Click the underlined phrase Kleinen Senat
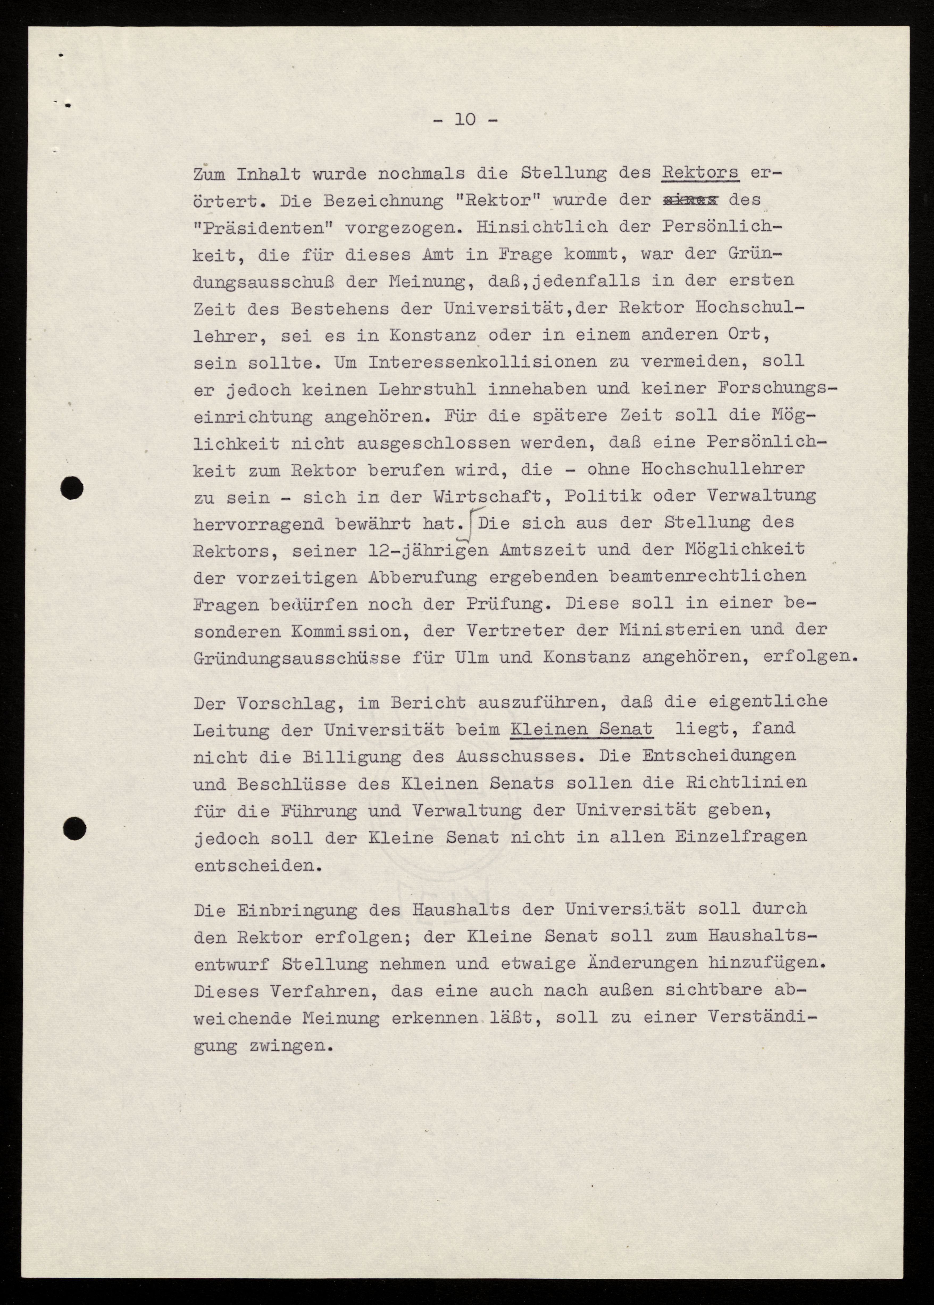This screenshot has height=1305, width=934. [581, 729]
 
